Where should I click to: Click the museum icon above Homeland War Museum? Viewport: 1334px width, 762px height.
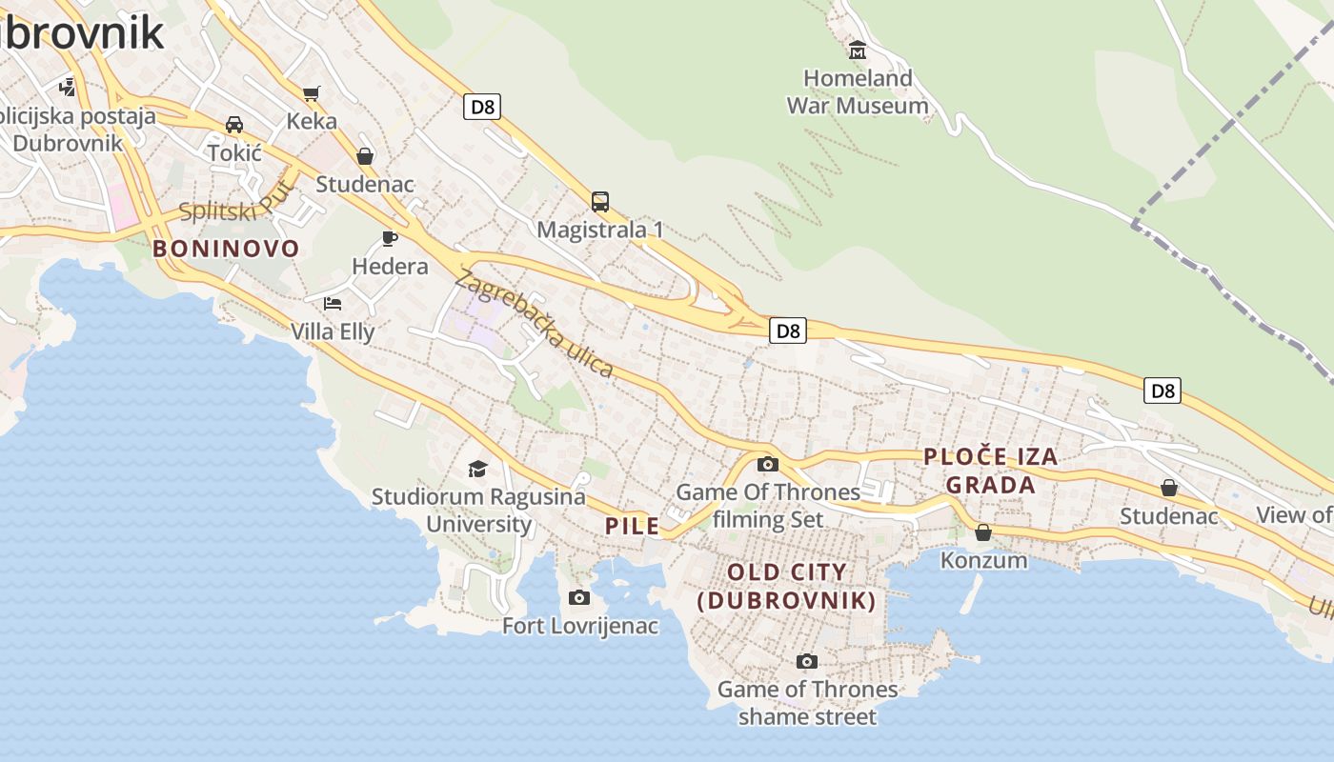857,49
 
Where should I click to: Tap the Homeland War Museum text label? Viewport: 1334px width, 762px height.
858,91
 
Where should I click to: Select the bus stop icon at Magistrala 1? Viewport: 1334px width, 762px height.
600,201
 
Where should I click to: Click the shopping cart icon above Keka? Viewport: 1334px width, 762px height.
312,92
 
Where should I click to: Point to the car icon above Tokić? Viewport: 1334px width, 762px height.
234,125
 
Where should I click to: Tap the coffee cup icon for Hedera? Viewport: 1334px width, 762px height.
390,237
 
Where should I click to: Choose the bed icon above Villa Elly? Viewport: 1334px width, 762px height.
333,303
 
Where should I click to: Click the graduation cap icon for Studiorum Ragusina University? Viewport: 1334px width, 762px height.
477,469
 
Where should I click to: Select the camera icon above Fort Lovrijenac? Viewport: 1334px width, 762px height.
579,597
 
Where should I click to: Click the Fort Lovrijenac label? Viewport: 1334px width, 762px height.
580,626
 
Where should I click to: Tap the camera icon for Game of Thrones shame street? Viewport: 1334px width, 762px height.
807,661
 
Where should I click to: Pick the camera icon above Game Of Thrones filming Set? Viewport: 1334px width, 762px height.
767,465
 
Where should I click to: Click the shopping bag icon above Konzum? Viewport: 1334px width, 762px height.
983,532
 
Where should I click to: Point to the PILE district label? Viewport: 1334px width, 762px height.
633,526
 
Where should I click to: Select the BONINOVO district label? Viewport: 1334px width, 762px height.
226,249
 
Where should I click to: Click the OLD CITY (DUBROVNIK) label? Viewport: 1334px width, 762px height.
787,586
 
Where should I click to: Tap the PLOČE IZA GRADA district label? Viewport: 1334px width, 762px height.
991,471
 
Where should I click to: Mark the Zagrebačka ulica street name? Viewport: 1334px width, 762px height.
535,324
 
